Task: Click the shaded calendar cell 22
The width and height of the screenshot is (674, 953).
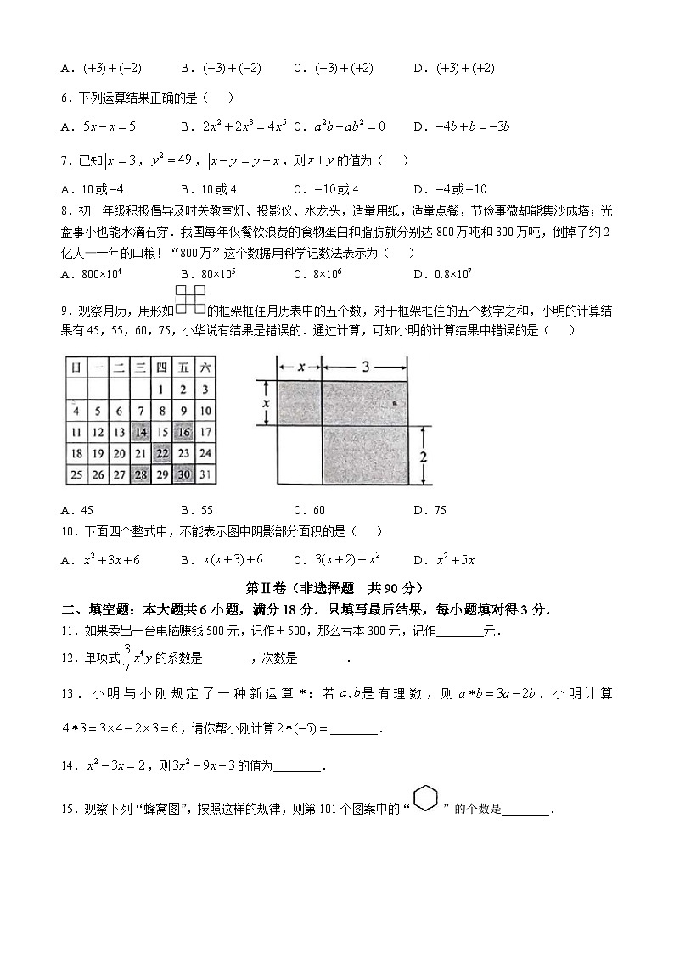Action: pyautogui.click(x=161, y=453)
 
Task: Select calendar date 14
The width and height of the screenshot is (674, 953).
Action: pyautogui.click(x=140, y=432)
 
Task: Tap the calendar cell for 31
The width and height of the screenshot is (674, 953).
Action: pyautogui.click(x=205, y=474)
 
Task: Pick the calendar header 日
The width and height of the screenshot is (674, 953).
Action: pyautogui.click(x=76, y=367)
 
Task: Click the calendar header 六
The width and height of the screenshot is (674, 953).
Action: pyautogui.click(x=205, y=367)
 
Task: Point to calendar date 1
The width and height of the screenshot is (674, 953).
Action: pyautogui.click(x=161, y=390)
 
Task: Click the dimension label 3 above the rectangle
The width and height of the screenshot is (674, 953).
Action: pyautogui.click(x=364, y=367)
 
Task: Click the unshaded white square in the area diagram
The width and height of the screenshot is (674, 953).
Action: pyautogui.click(x=299, y=456)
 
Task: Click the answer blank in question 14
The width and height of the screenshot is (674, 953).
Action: pyautogui.click(x=298, y=766)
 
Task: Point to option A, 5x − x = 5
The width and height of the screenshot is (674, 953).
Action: pyautogui.click(x=98, y=126)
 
